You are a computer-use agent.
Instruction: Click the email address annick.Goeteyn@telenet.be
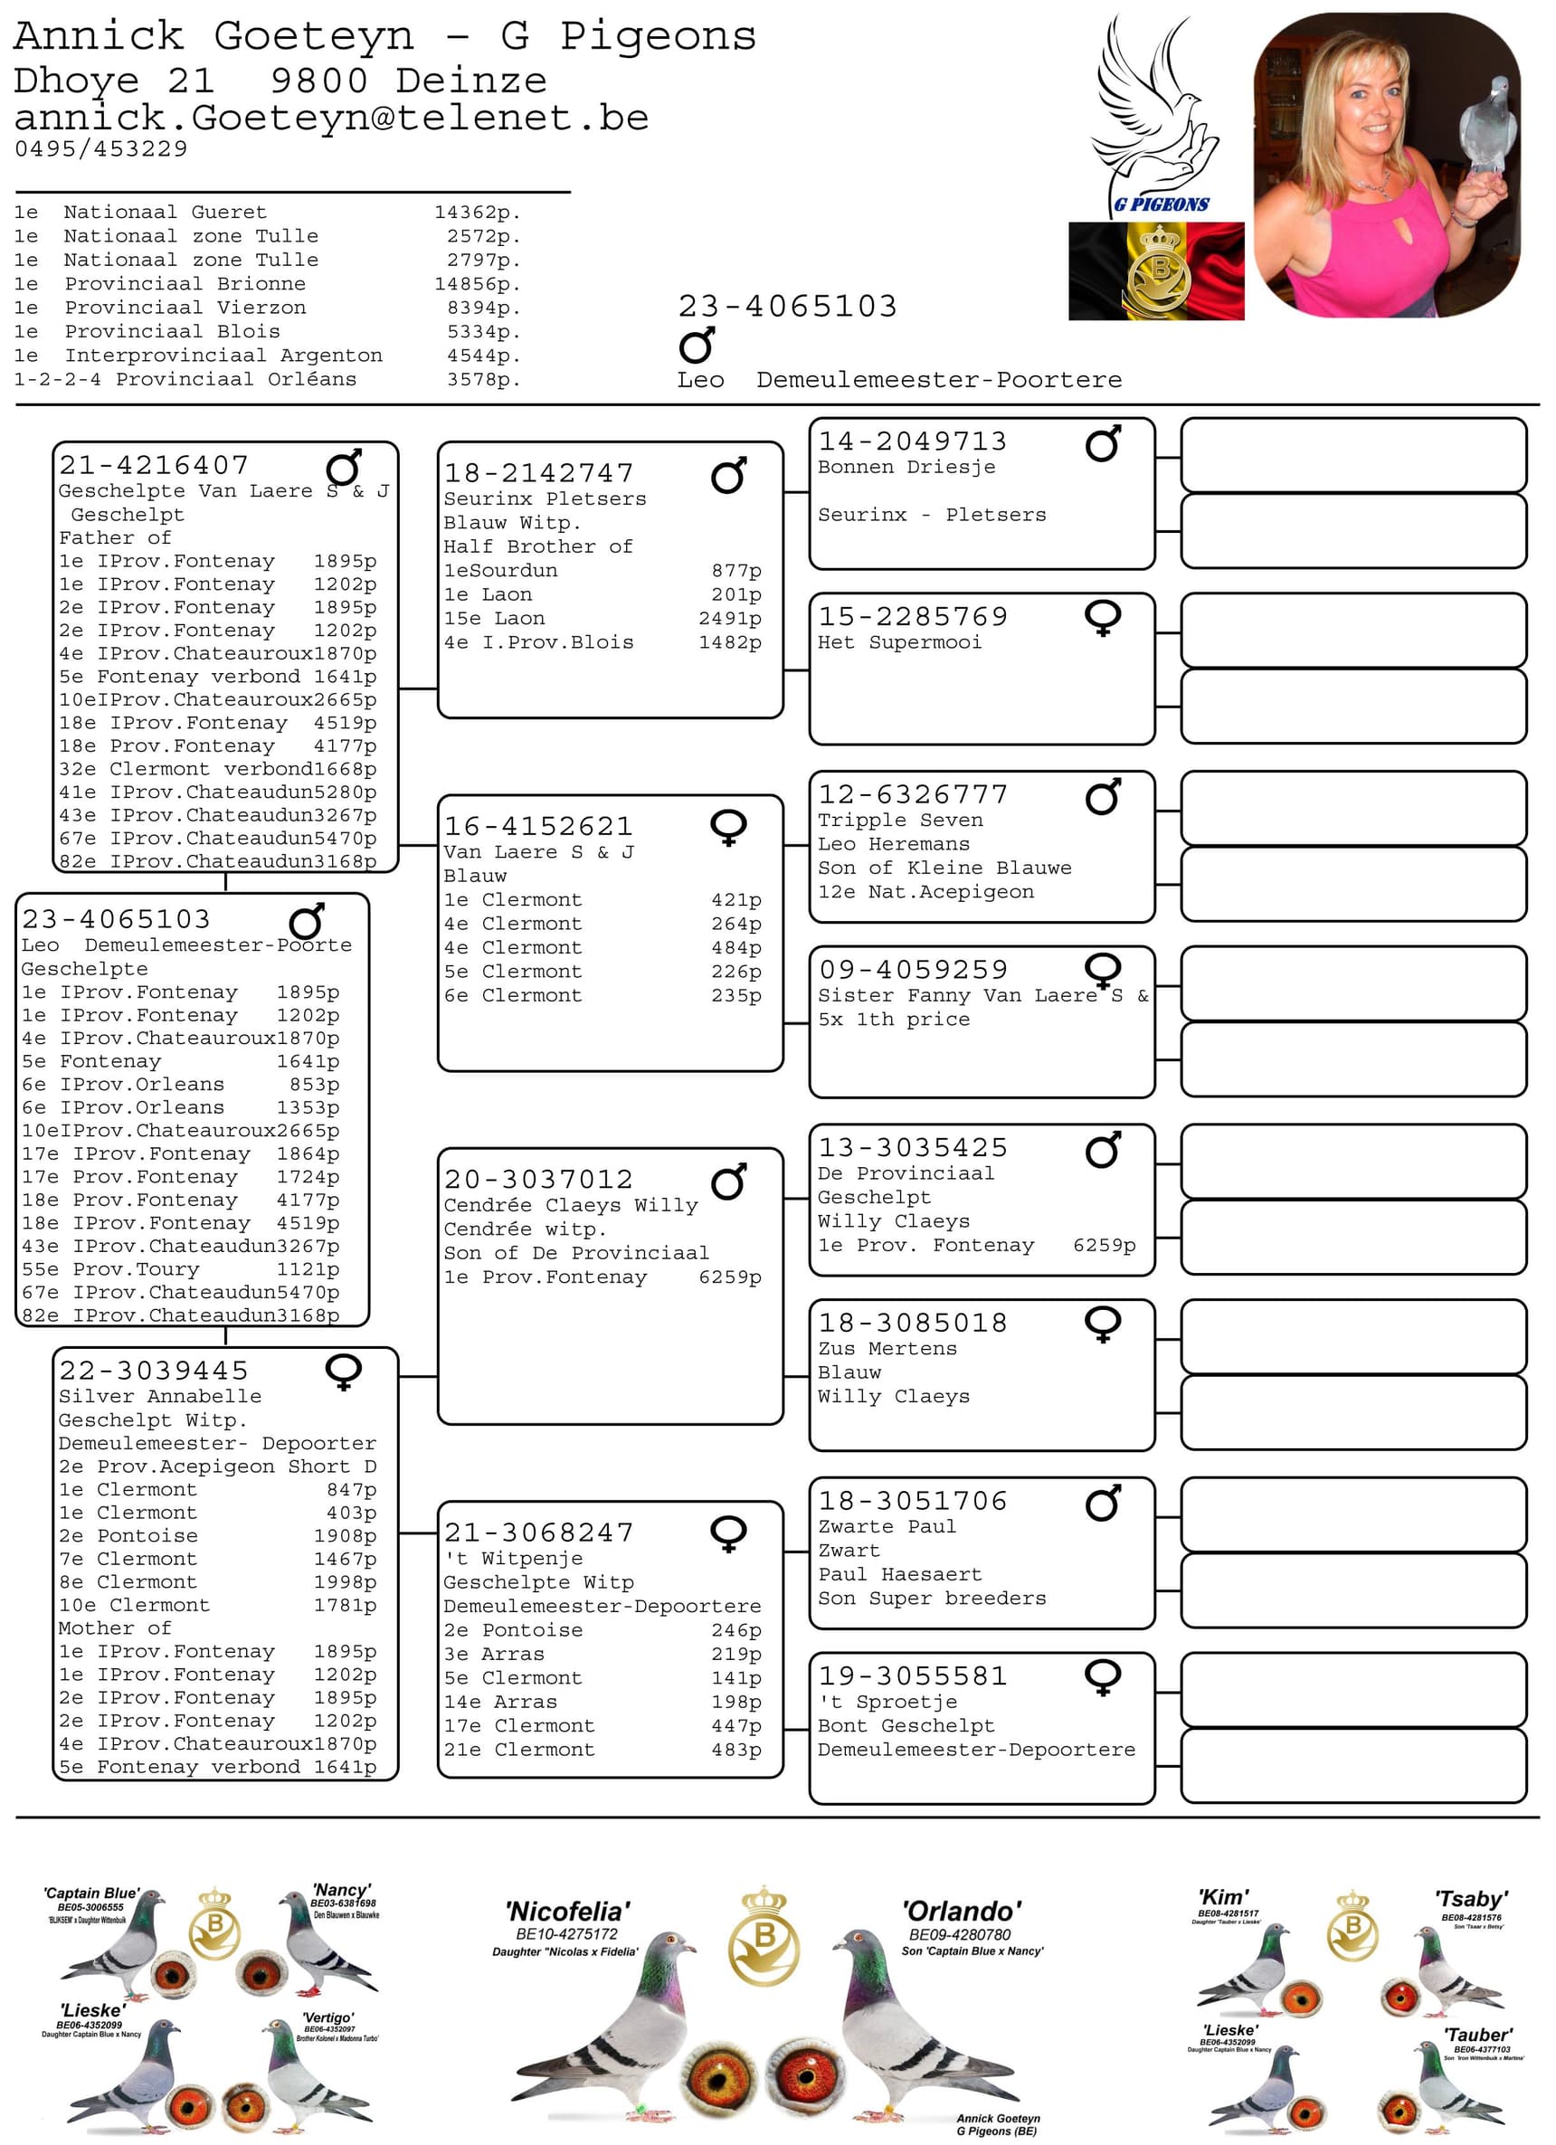pos(331,119)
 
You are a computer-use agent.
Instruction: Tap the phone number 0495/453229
pos(101,148)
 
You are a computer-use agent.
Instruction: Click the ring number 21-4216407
pos(154,465)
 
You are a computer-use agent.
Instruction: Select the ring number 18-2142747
pos(539,473)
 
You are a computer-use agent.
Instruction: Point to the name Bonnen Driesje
pos(906,467)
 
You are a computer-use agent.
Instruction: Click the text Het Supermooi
pos(899,642)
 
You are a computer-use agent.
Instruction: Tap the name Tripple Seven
pos(900,820)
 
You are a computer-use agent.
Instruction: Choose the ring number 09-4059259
pos(913,970)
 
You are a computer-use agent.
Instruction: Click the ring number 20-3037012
pos(539,1180)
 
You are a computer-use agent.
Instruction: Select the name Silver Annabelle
pos(160,1396)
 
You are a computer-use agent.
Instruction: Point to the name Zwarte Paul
pos(887,1526)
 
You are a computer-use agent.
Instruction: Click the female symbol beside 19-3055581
pos(1103,1677)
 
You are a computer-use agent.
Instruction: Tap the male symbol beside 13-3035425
pos(1103,1149)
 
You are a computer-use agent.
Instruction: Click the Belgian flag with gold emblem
pos(1156,271)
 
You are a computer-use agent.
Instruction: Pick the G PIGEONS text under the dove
pos(1161,204)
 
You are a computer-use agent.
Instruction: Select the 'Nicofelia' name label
pos(567,1912)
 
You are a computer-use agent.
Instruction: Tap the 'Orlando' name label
pos(961,1912)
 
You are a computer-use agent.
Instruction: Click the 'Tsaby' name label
pos(1471,1899)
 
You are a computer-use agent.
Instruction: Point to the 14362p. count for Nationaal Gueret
pos(478,213)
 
